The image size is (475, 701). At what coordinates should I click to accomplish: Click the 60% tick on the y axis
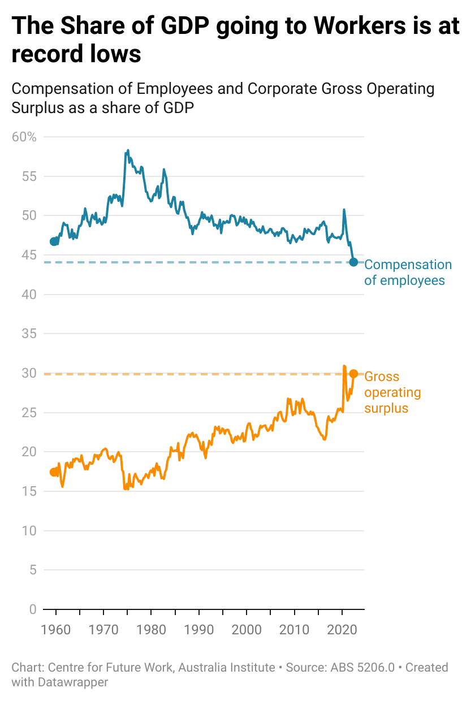(24, 137)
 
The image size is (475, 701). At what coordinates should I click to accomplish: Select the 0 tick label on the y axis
(32, 609)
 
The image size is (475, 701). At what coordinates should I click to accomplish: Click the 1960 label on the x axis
(56, 629)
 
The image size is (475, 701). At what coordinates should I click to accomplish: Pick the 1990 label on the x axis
(199, 629)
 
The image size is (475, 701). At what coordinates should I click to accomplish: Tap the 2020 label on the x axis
(342, 629)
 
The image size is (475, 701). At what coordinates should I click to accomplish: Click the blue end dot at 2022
(353, 262)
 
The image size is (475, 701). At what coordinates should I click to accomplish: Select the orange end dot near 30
(353, 374)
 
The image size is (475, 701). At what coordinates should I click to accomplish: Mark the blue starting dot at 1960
(54, 241)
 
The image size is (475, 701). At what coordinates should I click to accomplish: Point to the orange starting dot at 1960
(54, 472)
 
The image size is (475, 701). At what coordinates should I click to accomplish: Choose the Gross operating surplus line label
(392, 392)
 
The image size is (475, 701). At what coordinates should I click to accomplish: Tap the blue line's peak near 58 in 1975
(128, 150)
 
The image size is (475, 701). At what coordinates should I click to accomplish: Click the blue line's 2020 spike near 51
(344, 210)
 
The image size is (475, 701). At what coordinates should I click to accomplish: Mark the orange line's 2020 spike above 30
(344, 366)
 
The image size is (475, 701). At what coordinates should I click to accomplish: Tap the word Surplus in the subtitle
(37, 107)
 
